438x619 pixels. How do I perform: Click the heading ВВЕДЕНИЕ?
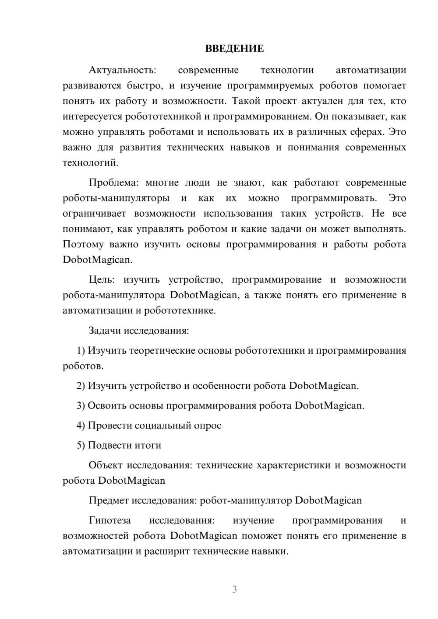point(234,49)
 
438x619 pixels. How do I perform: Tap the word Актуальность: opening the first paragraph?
point(122,70)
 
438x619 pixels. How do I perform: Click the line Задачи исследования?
point(139,331)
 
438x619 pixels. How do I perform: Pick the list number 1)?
point(81,351)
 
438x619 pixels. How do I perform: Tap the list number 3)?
point(81,405)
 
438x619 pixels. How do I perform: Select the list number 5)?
point(81,445)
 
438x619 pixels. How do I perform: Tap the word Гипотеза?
point(109,521)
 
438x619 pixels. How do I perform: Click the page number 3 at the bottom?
point(234,589)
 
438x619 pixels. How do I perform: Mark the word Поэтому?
point(83,244)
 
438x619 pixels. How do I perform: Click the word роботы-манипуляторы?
point(116,198)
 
